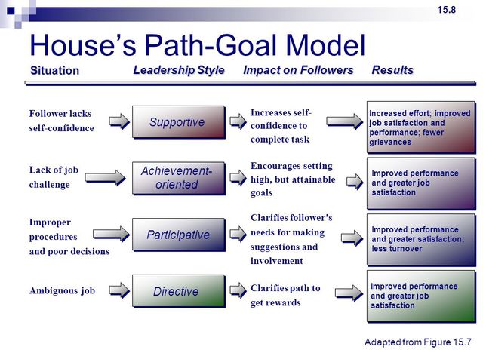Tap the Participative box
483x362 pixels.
[178, 235]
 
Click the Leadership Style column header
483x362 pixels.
[179, 70]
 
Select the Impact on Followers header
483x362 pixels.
[298, 70]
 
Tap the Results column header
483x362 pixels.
[392, 70]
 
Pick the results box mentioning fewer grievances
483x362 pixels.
[420, 127]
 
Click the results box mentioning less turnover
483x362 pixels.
[420, 239]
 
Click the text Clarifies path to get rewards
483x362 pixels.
[285, 295]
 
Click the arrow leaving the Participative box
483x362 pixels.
[238, 235]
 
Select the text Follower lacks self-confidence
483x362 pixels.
[61, 121]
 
